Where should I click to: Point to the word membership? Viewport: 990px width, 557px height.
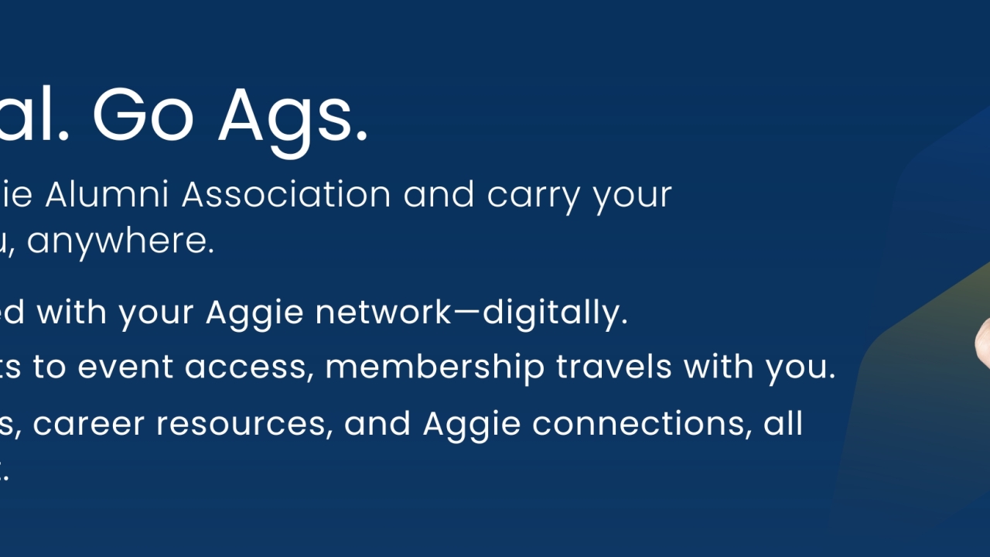pyautogui.click(x=435, y=367)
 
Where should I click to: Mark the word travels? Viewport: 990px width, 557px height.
pyautogui.click(x=606, y=367)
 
